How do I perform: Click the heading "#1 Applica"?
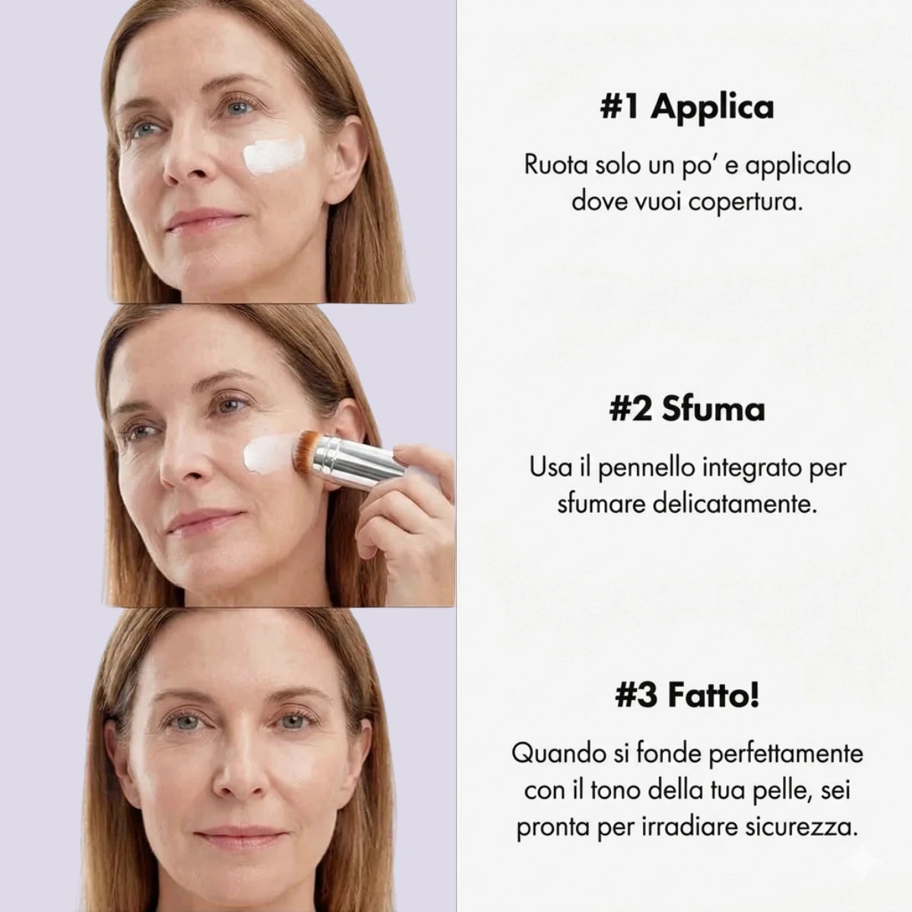(687, 107)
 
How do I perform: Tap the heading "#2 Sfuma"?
(687, 410)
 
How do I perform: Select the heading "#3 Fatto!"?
(687, 697)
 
